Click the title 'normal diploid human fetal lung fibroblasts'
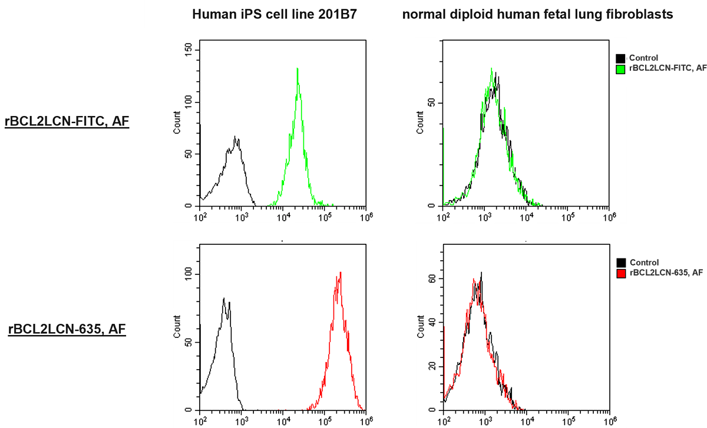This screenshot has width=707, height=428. point(537,15)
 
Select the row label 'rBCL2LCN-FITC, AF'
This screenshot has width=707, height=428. point(67,122)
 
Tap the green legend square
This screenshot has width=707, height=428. point(620,69)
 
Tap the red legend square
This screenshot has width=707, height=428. point(620,273)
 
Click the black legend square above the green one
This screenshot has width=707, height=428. point(620,58)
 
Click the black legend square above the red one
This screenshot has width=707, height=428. point(620,263)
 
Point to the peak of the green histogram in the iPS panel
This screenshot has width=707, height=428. point(298,68)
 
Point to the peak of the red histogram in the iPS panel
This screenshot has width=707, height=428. point(340,273)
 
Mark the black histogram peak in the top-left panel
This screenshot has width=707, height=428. point(235,137)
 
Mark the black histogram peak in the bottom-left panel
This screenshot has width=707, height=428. point(224,298)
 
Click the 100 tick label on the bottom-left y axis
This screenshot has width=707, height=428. point(189,274)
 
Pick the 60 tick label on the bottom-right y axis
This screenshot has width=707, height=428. point(433,279)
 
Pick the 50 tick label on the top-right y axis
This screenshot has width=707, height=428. point(433,103)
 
